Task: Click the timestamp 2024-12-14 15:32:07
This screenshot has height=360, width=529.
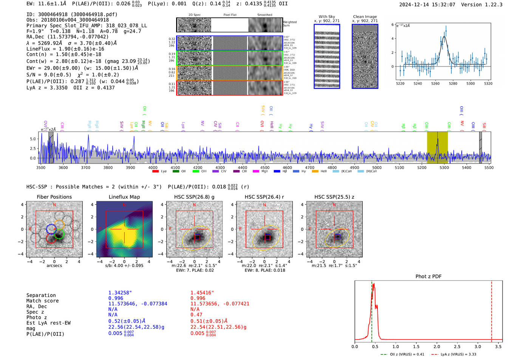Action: (427, 5)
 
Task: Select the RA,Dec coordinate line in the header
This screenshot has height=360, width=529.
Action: (67, 37)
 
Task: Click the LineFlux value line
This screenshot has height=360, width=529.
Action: (65, 49)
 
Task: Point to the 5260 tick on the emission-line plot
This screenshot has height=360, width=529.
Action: (435, 83)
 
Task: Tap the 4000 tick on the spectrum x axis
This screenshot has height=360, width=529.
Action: (153, 167)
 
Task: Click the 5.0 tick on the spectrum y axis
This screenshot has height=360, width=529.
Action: (33, 139)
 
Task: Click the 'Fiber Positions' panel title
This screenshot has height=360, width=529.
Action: (54, 197)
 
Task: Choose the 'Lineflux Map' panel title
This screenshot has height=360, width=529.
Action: (124, 197)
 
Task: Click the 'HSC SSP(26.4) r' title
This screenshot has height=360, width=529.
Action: (264, 197)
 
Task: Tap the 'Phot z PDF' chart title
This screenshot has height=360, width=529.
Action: (428, 276)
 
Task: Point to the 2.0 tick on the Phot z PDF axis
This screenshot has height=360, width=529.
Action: (437, 346)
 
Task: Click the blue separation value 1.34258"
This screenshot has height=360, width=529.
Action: (120, 293)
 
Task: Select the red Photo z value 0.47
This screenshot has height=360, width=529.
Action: (196, 314)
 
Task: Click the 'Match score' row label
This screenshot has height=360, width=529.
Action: (42, 301)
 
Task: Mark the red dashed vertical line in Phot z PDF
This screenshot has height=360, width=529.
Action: (492, 310)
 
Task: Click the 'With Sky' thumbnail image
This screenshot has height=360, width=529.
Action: (326, 56)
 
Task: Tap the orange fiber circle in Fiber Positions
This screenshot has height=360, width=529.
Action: (59, 224)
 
